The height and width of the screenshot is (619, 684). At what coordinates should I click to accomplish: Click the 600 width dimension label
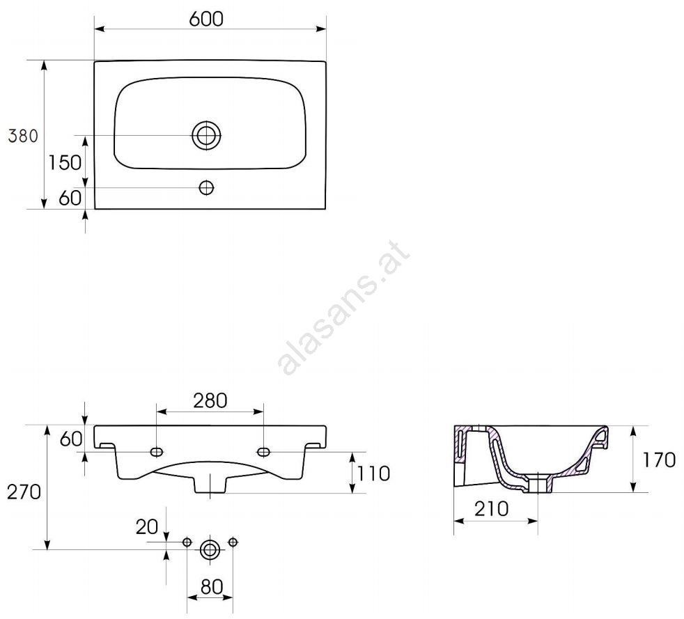point(206,19)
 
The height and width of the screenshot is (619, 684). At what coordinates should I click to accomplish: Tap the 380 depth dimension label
point(23,136)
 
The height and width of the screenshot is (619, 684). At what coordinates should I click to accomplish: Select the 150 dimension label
point(65,163)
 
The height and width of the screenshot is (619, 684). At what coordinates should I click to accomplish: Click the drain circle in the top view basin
point(206,135)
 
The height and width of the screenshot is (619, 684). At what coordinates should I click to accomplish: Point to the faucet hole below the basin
point(206,188)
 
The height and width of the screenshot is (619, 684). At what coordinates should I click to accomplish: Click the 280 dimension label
point(210,400)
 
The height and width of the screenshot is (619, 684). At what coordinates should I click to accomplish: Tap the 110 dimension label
point(373,473)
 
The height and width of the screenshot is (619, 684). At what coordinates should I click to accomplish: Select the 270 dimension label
point(24,492)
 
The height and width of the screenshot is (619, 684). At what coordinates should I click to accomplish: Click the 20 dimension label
point(147,526)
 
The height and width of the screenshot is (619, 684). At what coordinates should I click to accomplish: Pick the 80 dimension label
point(212,587)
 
